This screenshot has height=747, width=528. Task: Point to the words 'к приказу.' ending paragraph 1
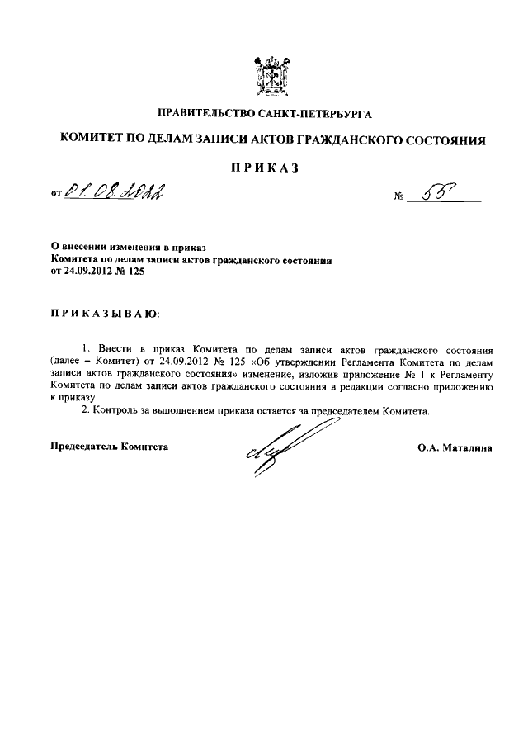(72, 396)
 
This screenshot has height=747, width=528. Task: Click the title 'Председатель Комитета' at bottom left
(109, 447)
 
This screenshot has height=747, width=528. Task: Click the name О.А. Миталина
(455, 448)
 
